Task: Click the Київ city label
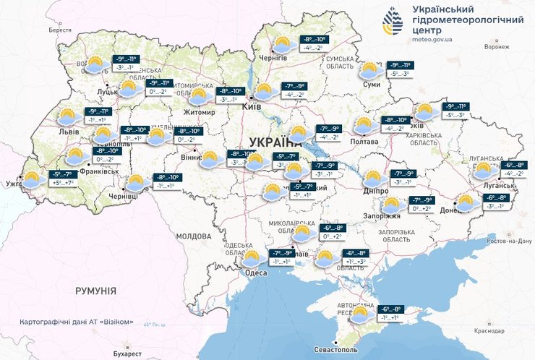click(252, 106)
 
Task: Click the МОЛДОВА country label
click(193, 236)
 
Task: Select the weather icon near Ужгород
click(33, 179)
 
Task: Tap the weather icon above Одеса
click(252, 257)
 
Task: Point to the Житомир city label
click(200, 113)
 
